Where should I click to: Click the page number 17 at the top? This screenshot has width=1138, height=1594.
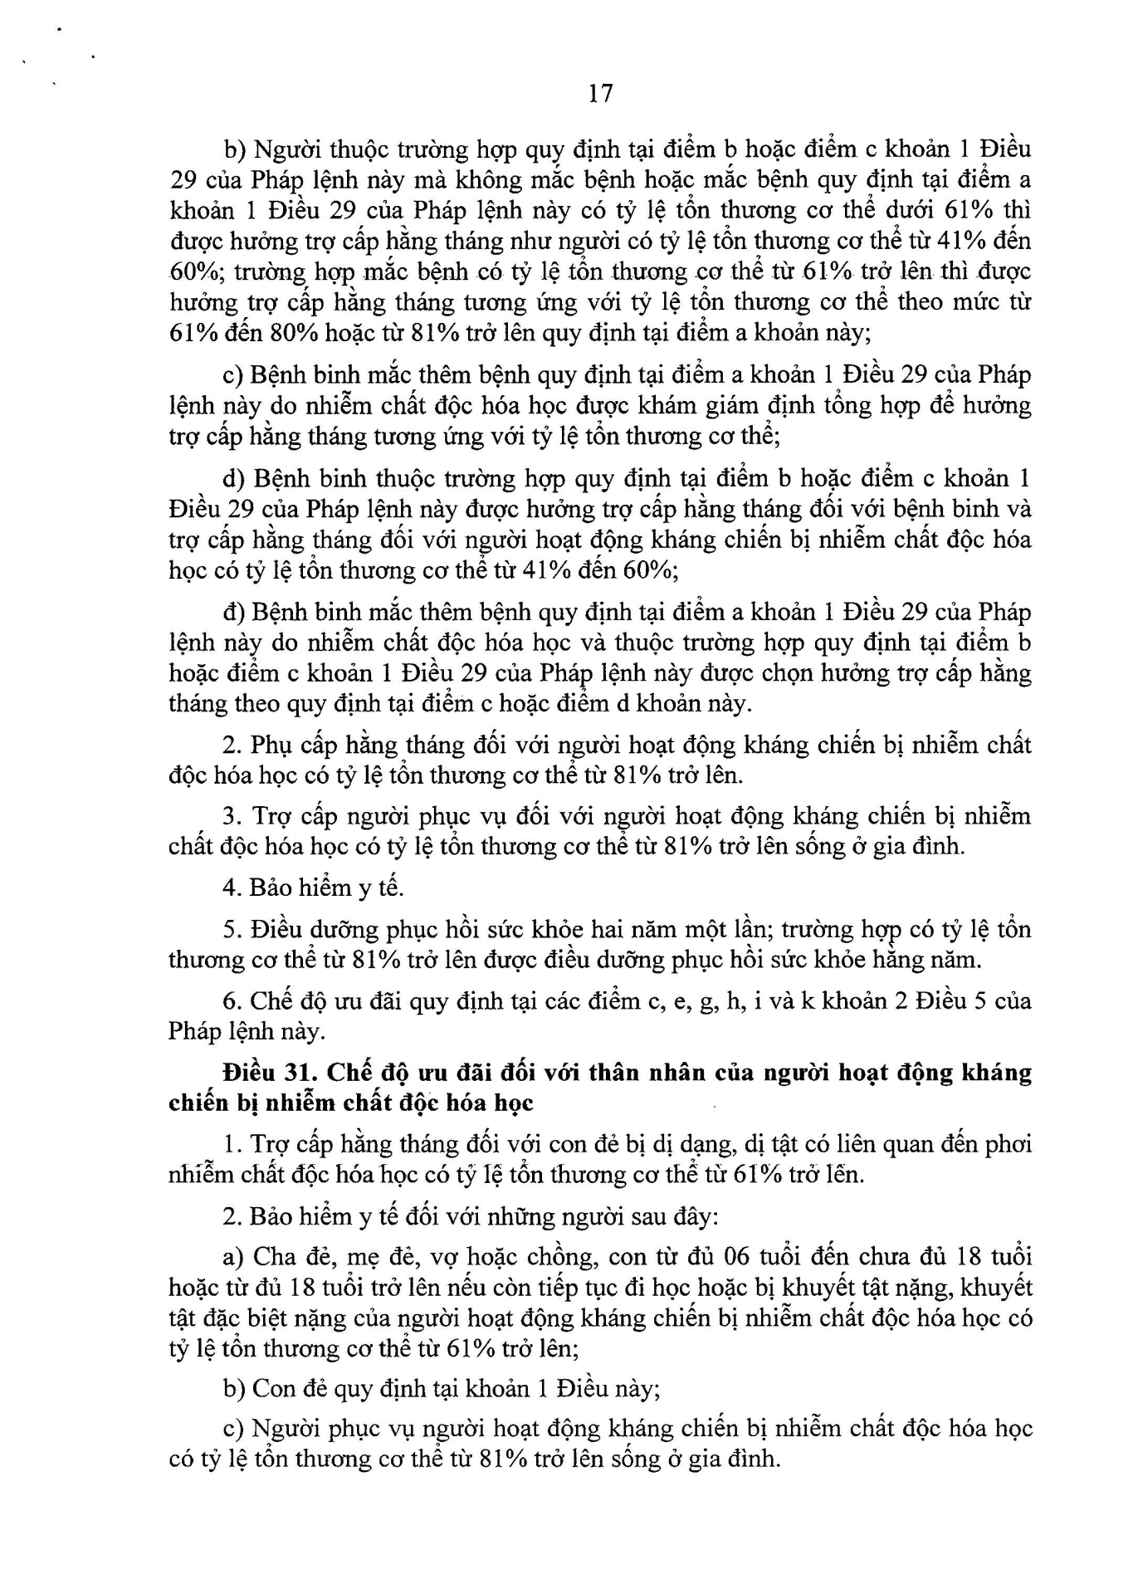click(600, 94)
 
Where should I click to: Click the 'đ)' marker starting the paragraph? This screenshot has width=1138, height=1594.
click(232, 613)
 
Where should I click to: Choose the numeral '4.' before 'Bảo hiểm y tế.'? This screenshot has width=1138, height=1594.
click(232, 888)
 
